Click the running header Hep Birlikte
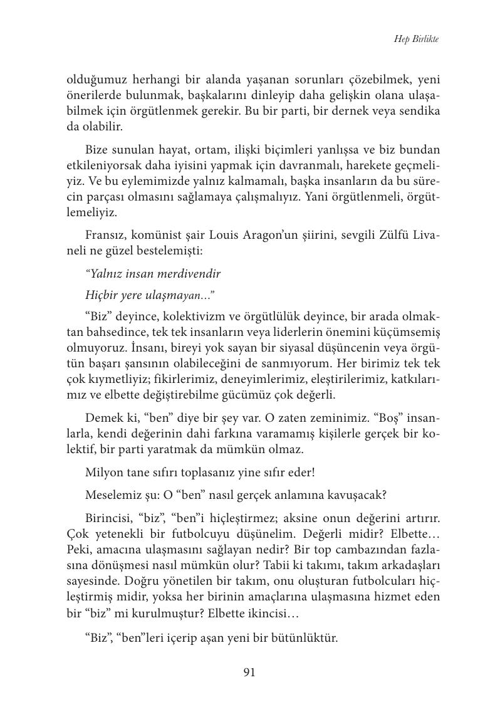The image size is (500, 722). click(416, 39)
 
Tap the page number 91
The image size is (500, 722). click(249, 672)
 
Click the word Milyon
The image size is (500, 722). click(104, 473)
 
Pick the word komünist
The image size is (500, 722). click(165, 236)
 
